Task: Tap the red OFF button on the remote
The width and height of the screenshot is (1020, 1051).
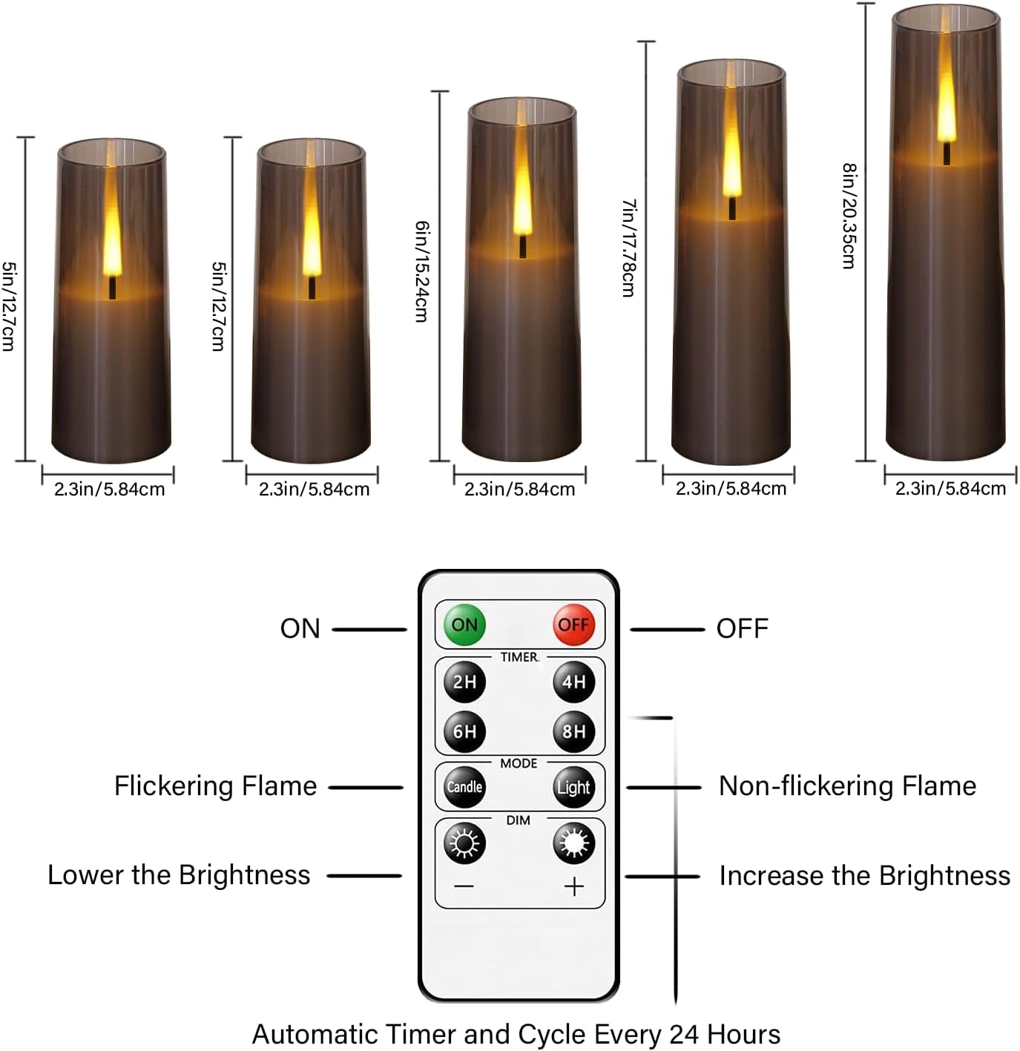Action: (573, 625)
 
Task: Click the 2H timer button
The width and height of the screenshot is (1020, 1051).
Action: (464, 682)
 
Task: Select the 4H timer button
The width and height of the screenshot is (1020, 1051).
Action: (573, 682)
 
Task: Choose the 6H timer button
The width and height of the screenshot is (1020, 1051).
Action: (464, 731)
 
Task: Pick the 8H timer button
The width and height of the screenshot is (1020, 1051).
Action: (573, 731)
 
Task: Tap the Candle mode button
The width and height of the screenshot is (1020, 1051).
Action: (464, 787)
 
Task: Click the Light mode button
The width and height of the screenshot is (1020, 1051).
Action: (573, 787)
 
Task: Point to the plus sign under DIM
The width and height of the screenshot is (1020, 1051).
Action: (574, 887)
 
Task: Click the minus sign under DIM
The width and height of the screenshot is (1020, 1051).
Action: (464, 887)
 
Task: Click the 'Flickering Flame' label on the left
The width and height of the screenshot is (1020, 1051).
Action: (215, 786)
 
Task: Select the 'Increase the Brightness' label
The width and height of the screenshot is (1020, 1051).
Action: (864, 876)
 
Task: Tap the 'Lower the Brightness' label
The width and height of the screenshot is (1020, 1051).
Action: (179, 875)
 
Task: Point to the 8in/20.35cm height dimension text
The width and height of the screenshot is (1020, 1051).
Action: (849, 216)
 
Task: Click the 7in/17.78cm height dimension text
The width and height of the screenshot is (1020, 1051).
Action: (629, 248)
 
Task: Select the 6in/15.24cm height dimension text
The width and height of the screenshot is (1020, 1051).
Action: (422, 271)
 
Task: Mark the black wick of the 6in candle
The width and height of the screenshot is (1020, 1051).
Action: (522, 247)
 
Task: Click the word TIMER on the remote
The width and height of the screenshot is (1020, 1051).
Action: (519, 657)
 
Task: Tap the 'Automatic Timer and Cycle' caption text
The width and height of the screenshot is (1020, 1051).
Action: (516, 1034)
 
